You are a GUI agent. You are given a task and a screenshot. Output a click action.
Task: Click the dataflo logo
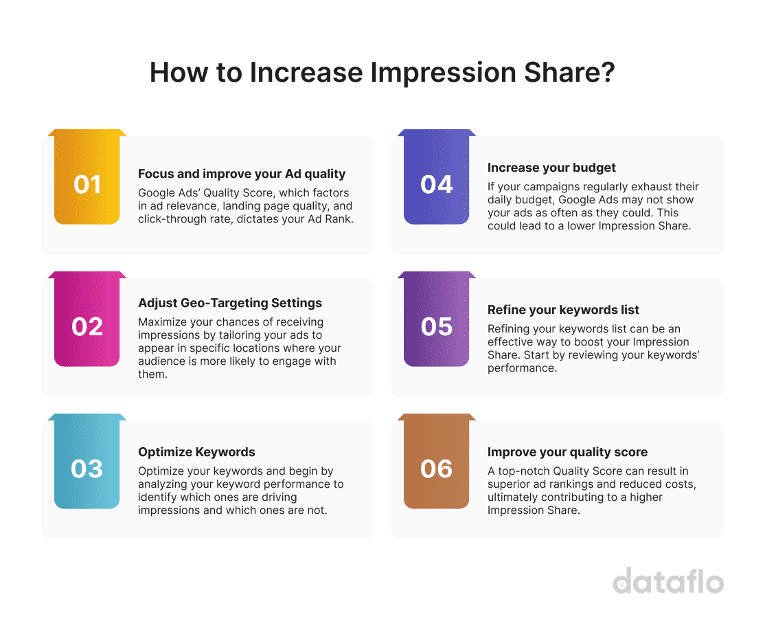coord(667,580)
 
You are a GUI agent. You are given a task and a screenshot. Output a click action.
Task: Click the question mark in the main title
coord(606,73)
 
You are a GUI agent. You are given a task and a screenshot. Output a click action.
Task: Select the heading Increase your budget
coord(551,168)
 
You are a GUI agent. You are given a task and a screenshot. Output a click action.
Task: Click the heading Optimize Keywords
coord(196,452)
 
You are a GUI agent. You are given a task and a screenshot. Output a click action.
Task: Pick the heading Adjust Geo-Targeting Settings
coord(230,303)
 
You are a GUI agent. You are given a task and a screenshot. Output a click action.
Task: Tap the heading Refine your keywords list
coord(563,310)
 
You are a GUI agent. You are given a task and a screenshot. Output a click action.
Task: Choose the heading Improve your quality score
coord(567,452)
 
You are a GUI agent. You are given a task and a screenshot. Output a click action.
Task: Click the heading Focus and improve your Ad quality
coord(242,174)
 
